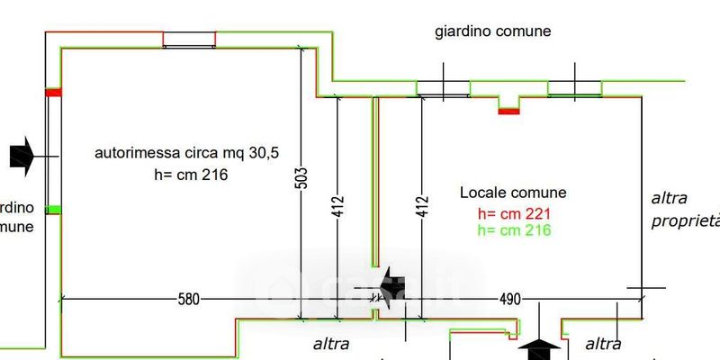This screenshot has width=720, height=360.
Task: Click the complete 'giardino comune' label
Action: (x=492, y=31)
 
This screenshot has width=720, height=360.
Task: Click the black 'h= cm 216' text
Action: (x=191, y=174)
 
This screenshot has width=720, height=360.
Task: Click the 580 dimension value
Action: (x=186, y=299)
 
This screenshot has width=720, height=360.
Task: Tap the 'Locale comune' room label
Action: (x=513, y=193)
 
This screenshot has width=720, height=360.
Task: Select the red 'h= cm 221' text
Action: (x=514, y=214)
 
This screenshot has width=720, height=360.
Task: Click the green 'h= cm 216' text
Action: (x=514, y=230)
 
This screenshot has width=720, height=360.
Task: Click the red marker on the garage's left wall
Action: (x=54, y=92)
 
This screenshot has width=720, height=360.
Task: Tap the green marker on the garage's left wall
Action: (x=54, y=209)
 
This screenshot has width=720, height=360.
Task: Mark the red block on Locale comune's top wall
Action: (x=508, y=111)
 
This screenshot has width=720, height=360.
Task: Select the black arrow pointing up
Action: (x=540, y=349)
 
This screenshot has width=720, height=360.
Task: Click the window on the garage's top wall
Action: (x=189, y=40)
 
